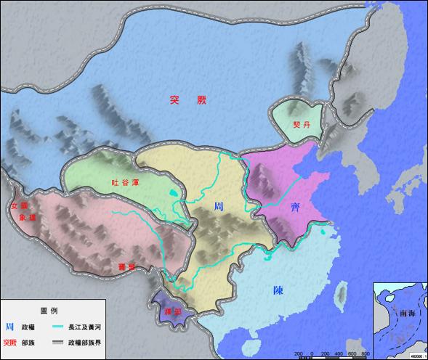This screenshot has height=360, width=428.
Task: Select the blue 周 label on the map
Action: click(x=219, y=207)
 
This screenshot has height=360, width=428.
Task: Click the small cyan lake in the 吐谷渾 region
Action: click(x=171, y=193)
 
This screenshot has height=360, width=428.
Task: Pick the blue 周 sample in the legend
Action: click(x=9, y=327)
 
